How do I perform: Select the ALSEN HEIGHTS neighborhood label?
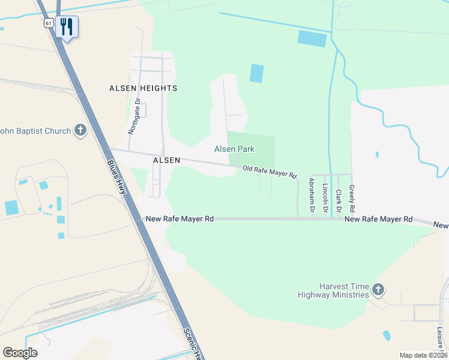(x=143, y=88)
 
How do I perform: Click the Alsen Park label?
(x=235, y=149)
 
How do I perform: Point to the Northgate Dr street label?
(x=135, y=116)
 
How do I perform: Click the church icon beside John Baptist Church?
(x=80, y=130)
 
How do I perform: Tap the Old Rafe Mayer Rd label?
(x=270, y=172)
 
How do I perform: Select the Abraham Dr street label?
(x=312, y=195)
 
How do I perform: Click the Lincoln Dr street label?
(x=325, y=198)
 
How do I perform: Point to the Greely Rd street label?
(x=352, y=198)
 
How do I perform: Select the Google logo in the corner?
(x=20, y=352)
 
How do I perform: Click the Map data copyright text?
(x=423, y=355)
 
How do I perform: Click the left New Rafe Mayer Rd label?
(x=179, y=219)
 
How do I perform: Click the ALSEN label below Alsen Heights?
(x=166, y=161)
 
